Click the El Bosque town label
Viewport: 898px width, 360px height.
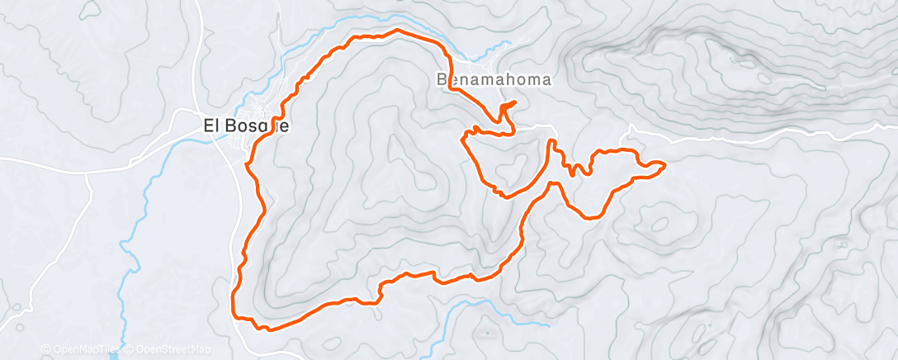tap(246, 127)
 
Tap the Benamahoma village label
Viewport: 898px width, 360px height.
tap(493, 80)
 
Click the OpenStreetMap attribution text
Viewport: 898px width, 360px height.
tap(166, 350)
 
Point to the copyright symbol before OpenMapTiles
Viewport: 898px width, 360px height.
tap(45, 350)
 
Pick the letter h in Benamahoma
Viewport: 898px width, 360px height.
tap(514, 80)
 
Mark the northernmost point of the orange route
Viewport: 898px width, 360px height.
tap(399, 30)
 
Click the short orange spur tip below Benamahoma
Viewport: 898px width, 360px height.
tap(515, 102)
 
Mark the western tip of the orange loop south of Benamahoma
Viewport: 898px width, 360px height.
tap(463, 139)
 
